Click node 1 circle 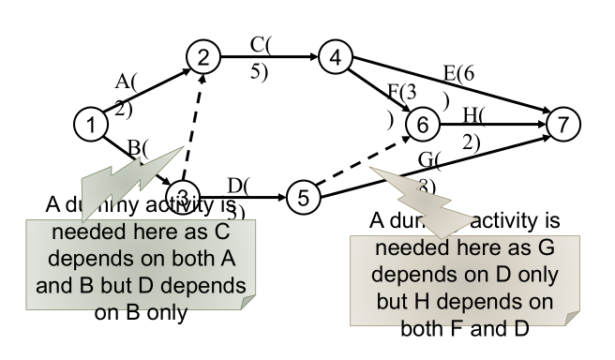point(91,123)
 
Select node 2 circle point(202,56)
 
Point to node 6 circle point(422,123)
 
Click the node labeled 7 point(562,123)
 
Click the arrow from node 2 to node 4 point(267,56)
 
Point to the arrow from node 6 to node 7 point(492,123)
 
